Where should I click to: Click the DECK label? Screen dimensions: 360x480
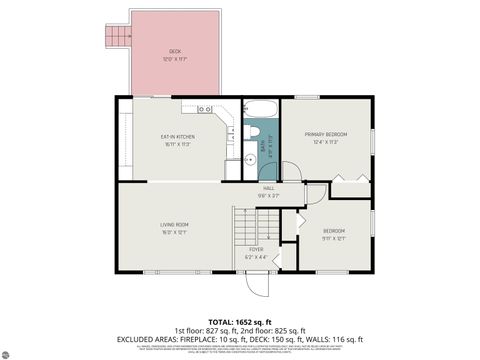(x=175, y=50)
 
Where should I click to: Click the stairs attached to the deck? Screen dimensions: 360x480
(x=118, y=38)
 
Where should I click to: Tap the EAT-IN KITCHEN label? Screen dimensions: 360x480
(x=177, y=136)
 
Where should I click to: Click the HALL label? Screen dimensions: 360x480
(x=268, y=188)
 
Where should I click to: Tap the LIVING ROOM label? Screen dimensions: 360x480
(x=175, y=225)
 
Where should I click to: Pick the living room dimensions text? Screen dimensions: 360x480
(x=175, y=233)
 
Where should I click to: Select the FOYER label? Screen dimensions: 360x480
(x=256, y=249)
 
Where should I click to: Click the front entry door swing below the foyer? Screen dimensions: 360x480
(x=257, y=283)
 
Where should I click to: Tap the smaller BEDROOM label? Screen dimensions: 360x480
(x=334, y=231)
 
